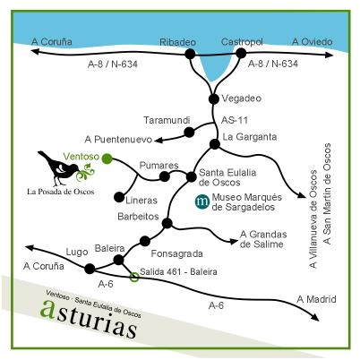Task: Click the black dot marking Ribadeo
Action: point(191,55)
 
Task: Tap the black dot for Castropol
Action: point(241,55)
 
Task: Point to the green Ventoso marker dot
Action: point(107,159)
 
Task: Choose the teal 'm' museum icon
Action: point(202,202)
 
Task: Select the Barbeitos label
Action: point(138,216)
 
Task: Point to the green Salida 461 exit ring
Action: point(134,277)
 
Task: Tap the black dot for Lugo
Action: point(89,268)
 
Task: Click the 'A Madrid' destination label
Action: point(316,298)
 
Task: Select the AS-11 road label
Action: point(232,118)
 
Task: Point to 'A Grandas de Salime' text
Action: point(267,240)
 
